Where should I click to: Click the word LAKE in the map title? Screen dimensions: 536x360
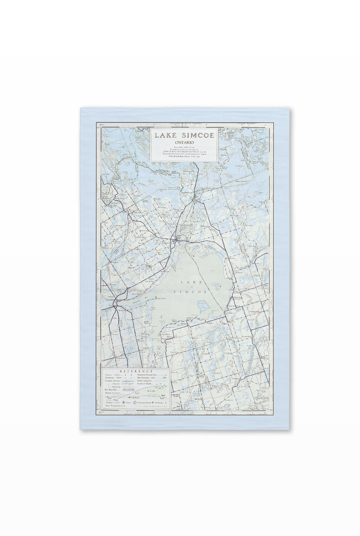tap(165, 136)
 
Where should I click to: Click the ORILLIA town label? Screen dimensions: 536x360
tap(166, 242)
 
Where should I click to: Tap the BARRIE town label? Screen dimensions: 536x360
tap(109, 300)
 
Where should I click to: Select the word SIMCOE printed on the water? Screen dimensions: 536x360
tap(185, 292)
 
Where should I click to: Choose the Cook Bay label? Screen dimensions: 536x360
tap(159, 347)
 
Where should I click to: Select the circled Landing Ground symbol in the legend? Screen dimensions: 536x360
tap(135, 402)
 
